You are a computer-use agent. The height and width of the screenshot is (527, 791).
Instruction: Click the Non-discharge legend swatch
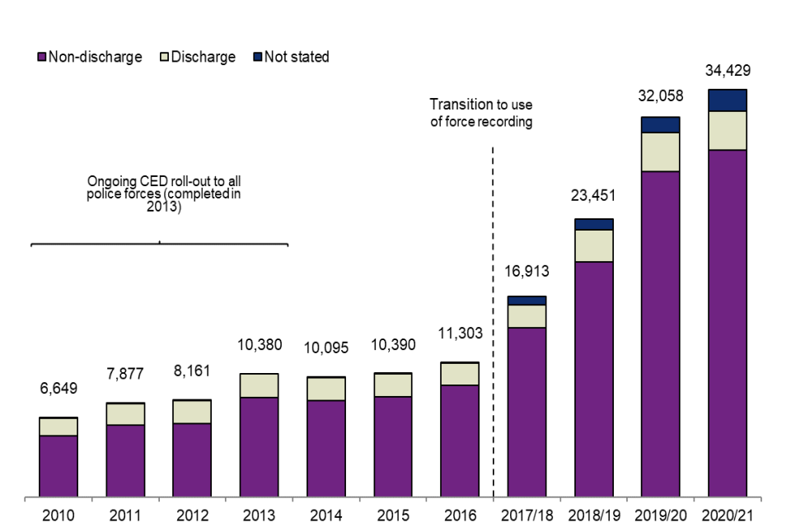[42, 58]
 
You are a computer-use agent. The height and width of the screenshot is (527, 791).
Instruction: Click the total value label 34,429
[727, 72]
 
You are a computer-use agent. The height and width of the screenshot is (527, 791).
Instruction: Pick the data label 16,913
[527, 271]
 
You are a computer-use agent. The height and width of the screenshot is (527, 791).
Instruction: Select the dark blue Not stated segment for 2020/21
[728, 100]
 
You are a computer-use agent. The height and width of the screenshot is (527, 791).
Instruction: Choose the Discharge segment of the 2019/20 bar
[661, 152]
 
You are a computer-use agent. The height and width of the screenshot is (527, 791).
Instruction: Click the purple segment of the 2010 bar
[58, 466]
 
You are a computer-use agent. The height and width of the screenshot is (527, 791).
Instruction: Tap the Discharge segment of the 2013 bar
[259, 385]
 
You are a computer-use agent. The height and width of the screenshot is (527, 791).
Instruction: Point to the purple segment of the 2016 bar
[460, 441]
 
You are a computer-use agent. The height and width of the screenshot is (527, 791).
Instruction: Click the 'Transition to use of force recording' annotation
[481, 113]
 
